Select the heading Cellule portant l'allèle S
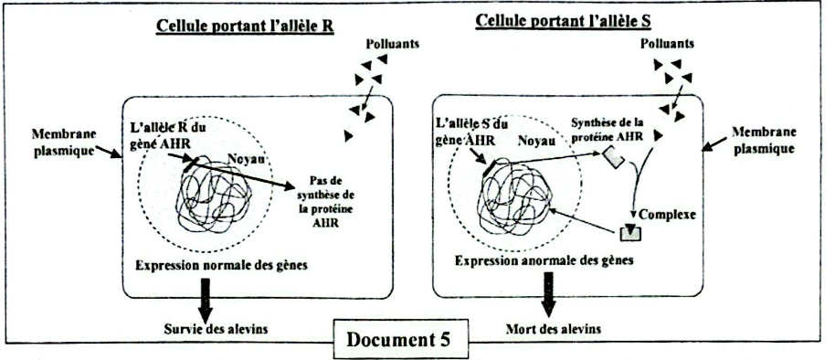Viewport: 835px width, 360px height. (553, 20)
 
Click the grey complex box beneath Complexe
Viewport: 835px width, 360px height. (631, 234)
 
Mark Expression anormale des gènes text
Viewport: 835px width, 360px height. (543, 261)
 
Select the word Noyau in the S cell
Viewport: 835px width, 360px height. (535, 143)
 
